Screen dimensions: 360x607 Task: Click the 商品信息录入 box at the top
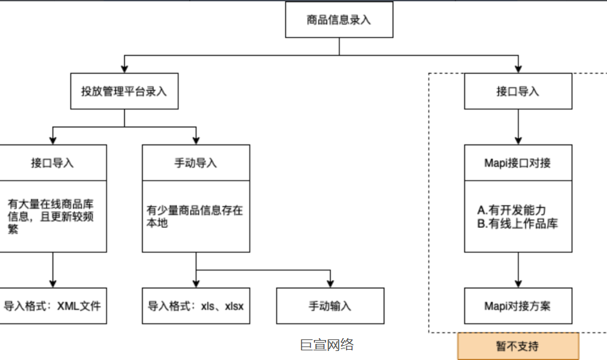tap(339, 19)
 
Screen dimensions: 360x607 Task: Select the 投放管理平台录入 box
tap(124, 91)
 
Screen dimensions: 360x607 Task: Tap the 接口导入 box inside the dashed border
tap(518, 91)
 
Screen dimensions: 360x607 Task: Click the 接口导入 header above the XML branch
tap(52, 163)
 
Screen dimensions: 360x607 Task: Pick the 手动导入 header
tap(196, 163)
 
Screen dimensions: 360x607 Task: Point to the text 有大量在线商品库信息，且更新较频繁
tap(52, 216)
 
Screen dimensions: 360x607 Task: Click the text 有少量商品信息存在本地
tap(195, 216)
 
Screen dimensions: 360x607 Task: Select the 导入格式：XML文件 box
tap(52, 305)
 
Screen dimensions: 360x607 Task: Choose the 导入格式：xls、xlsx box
tap(196, 305)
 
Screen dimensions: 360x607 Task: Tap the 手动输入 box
tap(330, 305)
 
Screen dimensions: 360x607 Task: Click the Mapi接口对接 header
tap(518, 163)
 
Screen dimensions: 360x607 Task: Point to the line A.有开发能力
tap(513, 211)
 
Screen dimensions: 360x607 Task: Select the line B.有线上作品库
tap(517, 223)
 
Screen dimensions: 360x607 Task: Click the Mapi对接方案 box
tap(518, 305)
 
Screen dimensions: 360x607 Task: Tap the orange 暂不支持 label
tap(518, 346)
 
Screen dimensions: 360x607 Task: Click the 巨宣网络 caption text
tap(327, 345)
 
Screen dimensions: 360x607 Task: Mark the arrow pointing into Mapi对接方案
tap(518, 270)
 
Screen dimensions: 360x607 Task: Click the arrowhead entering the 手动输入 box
tap(330, 283)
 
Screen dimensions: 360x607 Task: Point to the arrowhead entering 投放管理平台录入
tap(124, 69)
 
